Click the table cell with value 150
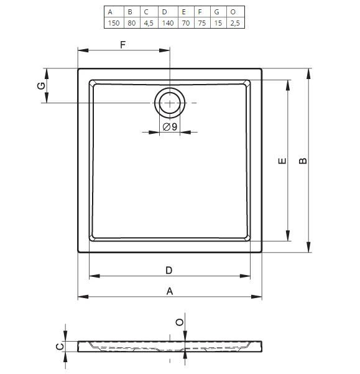pos(114,23)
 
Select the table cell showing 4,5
pos(149,23)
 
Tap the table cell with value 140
pos(168,23)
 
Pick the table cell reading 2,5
pos(235,23)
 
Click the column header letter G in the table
pos(217,12)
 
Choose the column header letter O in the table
pos(233,12)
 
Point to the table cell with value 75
pos(202,23)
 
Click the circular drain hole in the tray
pos(170,103)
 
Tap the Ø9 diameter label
pos(170,127)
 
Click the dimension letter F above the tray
pos(122,45)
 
